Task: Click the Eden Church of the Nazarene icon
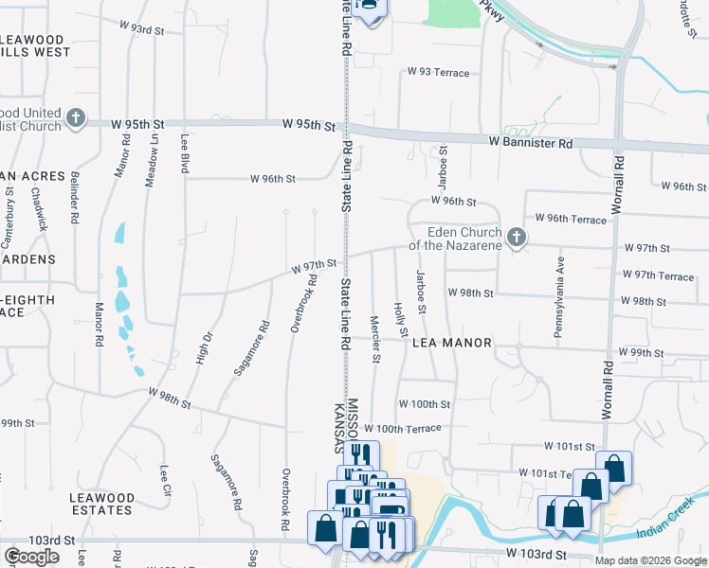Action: [517, 238]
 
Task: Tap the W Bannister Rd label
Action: [531, 143]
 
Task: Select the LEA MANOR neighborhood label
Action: [452, 343]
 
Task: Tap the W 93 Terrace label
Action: [438, 72]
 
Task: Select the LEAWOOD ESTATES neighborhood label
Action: [101, 504]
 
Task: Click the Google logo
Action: [31, 557]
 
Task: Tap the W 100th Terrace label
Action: [402, 429]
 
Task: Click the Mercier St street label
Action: [375, 340]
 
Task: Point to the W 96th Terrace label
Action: [570, 219]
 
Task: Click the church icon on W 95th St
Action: [76, 120]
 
